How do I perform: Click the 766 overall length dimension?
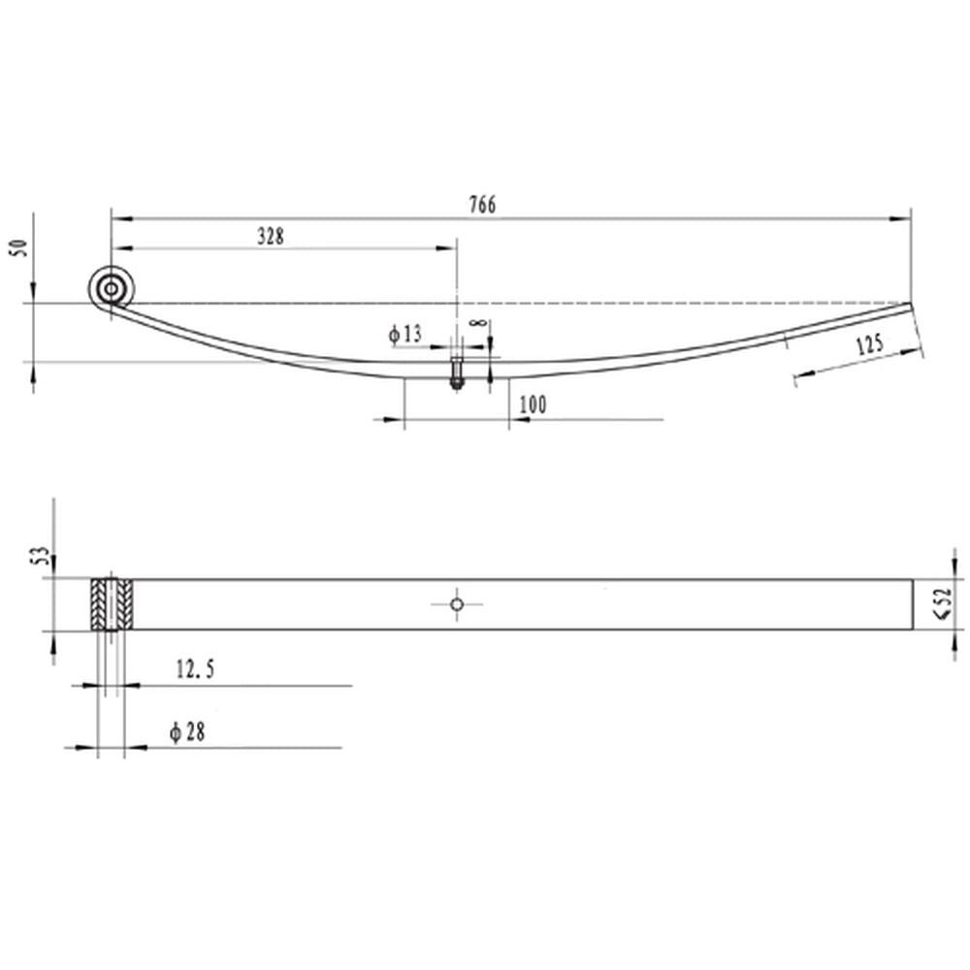pyautogui.click(x=482, y=205)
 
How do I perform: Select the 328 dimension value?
pyautogui.click(x=271, y=235)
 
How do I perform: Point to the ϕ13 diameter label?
pyautogui.click(x=405, y=334)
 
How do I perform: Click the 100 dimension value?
pyautogui.click(x=532, y=404)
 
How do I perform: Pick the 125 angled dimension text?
pyautogui.click(x=869, y=345)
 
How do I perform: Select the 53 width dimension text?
pyautogui.click(x=40, y=556)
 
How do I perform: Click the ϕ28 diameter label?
pyautogui.click(x=186, y=732)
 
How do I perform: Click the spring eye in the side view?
pyautogui.click(x=113, y=288)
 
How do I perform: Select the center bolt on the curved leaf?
pyautogui.click(x=455, y=373)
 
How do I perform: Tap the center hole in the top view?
pyautogui.click(x=456, y=603)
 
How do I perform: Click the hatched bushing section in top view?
pyautogui.click(x=113, y=603)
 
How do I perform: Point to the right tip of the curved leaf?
pyautogui.click(x=910, y=305)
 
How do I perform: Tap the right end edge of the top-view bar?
pyautogui.click(x=913, y=604)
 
